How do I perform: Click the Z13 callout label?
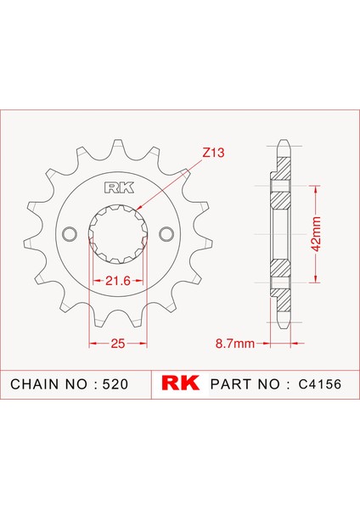pyautogui.click(x=213, y=152)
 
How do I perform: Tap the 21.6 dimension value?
pyautogui.click(x=118, y=281)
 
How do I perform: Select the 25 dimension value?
pyautogui.click(x=118, y=343)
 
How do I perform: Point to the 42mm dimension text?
pyautogui.click(x=316, y=234)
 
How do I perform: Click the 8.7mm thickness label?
pyautogui.click(x=235, y=343)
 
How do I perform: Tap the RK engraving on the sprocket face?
pyautogui.click(x=119, y=188)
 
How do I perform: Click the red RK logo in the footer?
pyautogui.click(x=181, y=383)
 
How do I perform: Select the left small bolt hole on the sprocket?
pyautogui.click(x=70, y=234)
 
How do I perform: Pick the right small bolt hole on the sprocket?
pyautogui.click(x=166, y=234)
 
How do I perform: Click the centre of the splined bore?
pyautogui.click(x=118, y=234)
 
